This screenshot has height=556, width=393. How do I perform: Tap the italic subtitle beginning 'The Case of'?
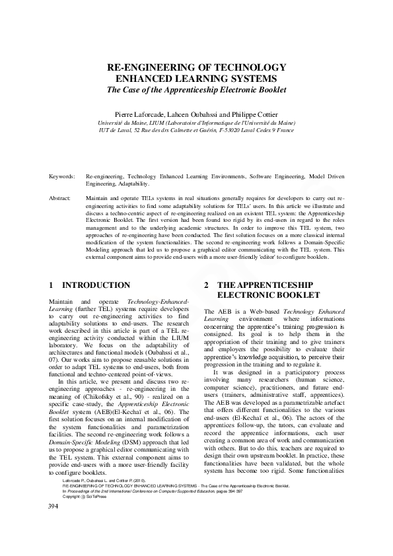[196, 89]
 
